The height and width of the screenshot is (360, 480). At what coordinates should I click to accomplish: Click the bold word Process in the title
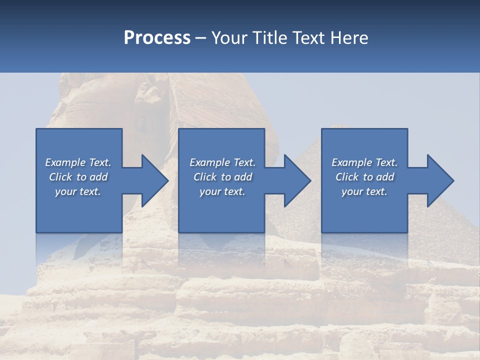[x=157, y=37]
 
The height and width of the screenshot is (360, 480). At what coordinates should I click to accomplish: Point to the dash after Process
[x=201, y=38]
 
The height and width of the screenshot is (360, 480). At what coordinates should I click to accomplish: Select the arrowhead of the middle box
[x=300, y=180]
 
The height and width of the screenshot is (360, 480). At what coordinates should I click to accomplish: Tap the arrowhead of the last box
[x=442, y=180]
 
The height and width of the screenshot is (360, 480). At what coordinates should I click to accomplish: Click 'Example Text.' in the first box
[x=78, y=162]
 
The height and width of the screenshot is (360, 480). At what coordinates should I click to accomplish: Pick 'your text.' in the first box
[x=78, y=191]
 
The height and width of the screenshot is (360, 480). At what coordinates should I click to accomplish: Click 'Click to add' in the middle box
[x=222, y=177]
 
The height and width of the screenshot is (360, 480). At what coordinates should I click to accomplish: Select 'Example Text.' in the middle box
[x=222, y=162]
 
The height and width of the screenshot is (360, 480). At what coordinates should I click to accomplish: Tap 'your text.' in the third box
[x=364, y=191]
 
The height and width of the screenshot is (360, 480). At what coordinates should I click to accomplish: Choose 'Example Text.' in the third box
[x=364, y=162]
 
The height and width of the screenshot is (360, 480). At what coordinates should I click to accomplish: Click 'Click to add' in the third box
[x=364, y=177]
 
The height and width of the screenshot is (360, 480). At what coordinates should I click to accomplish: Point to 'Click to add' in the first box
[x=78, y=177]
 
